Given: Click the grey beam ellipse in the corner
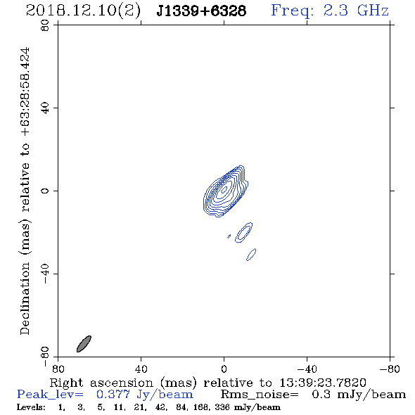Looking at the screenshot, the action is coord(84,344).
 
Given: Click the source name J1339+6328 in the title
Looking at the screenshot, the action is coord(201,11).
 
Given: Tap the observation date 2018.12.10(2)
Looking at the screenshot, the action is coord(83,11).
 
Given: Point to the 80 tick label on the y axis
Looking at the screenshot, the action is coord(45,25).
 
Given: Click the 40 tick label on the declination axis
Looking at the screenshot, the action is coord(45,108).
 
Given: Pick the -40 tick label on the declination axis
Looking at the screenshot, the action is coord(45,274).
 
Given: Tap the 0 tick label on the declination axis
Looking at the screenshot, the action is coord(45,191).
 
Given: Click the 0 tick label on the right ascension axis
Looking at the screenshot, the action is coord(224,369).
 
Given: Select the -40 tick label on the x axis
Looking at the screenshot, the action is coord(307,369).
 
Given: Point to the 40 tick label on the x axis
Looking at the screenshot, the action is coord(141,369).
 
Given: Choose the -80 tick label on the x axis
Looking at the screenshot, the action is coord(390,369).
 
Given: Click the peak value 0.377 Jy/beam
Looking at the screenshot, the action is coord(144,395).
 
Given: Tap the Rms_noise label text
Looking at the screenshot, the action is coord(260,395).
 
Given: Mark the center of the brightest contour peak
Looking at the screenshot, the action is coord(224,189).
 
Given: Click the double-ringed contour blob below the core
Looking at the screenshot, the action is coord(244,233).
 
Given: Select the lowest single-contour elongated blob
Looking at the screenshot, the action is coord(251,255).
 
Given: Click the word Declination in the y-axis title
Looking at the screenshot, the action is coord(25,298).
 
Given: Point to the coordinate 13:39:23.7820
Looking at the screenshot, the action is coord(323,383).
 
